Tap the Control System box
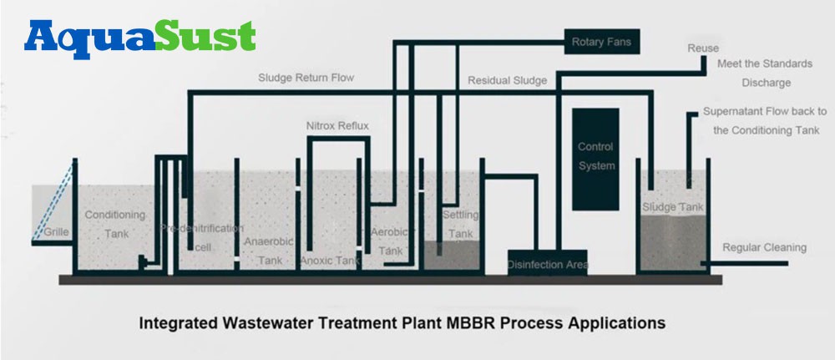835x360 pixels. point(595,156)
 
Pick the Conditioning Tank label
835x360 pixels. point(115,224)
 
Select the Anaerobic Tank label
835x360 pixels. point(270,251)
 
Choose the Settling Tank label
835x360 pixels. point(459,224)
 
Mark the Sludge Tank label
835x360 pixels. point(672,207)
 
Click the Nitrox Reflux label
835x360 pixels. point(337,126)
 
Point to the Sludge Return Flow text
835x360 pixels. point(306,78)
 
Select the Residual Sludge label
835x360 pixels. point(507,81)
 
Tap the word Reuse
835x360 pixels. point(702,48)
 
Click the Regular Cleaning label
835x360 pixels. point(764,247)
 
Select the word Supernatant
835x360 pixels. point(734,111)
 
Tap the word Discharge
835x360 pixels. point(766,83)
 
